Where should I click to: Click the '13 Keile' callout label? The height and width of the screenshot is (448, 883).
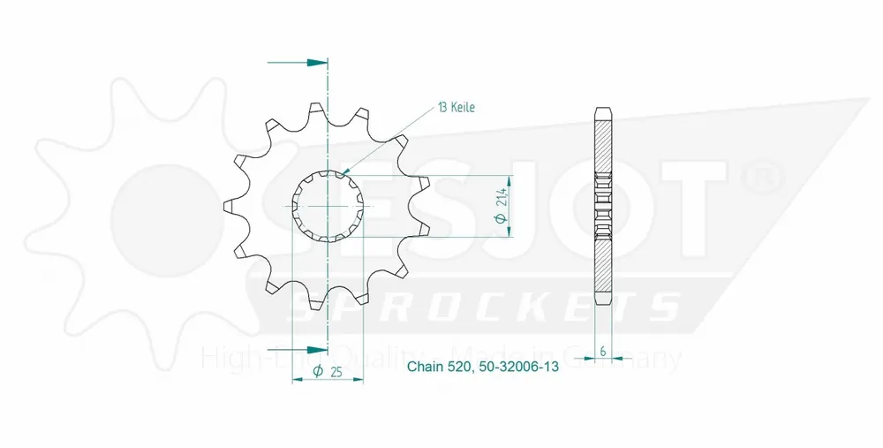457,108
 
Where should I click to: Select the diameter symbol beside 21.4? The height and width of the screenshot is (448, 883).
502,224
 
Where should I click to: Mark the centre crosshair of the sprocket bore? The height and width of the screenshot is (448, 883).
328,207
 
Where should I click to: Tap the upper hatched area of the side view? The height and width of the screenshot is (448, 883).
602,146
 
